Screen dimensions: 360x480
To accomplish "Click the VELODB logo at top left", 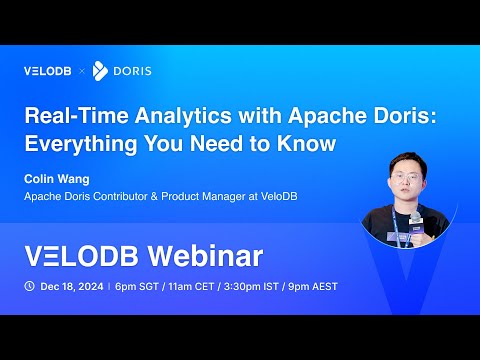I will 48,71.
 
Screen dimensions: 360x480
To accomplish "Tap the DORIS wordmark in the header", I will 131,71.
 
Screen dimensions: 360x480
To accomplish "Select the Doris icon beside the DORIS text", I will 100,71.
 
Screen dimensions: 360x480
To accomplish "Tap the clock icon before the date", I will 29,286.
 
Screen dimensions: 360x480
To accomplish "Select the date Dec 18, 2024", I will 72,286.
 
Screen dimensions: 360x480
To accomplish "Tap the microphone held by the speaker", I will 414,218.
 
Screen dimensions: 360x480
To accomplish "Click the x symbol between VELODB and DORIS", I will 83,71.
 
